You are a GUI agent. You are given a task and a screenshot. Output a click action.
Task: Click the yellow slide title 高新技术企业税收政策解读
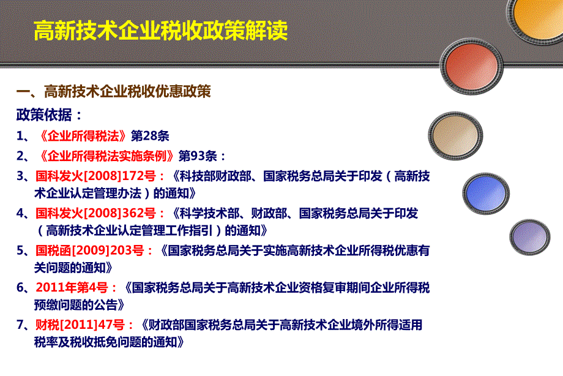pyautogui.click(x=160, y=31)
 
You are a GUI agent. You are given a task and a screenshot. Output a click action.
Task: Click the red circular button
pyautogui.click(x=471, y=66)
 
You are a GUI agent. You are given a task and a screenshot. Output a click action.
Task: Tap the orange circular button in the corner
pyautogui.click(x=537, y=18)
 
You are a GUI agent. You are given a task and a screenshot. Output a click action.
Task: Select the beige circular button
pyautogui.click(x=455, y=135)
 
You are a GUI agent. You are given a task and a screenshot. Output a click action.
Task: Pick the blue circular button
pyautogui.click(x=486, y=193)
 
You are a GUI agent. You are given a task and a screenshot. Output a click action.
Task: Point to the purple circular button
pyautogui.click(x=529, y=237)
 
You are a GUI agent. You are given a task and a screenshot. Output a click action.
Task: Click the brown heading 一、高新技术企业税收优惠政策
pyautogui.click(x=113, y=91)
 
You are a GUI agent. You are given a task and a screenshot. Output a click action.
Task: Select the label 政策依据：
pyautogui.click(x=49, y=115)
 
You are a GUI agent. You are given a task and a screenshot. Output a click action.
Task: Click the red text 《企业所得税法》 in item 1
pyautogui.click(x=83, y=136)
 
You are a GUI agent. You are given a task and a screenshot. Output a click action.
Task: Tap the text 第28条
pyautogui.click(x=150, y=136)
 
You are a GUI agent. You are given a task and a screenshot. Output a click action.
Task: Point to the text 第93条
pyautogui.click(x=198, y=156)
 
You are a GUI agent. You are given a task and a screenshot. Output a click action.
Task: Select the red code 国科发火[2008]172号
pyautogui.click(x=96, y=176)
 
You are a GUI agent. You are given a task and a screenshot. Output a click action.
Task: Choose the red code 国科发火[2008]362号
pyautogui.click(x=96, y=214)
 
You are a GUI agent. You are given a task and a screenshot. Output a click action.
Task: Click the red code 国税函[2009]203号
pyautogui.click(x=90, y=250)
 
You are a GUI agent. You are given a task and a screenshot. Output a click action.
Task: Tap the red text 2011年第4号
pyautogui.click(x=72, y=288)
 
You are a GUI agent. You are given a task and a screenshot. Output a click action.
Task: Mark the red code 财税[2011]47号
pyautogui.click(x=80, y=325)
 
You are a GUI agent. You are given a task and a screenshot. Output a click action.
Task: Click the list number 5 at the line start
pyautogui.click(x=20, y=250)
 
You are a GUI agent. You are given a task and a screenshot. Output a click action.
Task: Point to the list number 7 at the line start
pyautogui.click(x=20, y=325)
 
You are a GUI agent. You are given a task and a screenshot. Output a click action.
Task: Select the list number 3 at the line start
pyautogui.click(x=20, y=176)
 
